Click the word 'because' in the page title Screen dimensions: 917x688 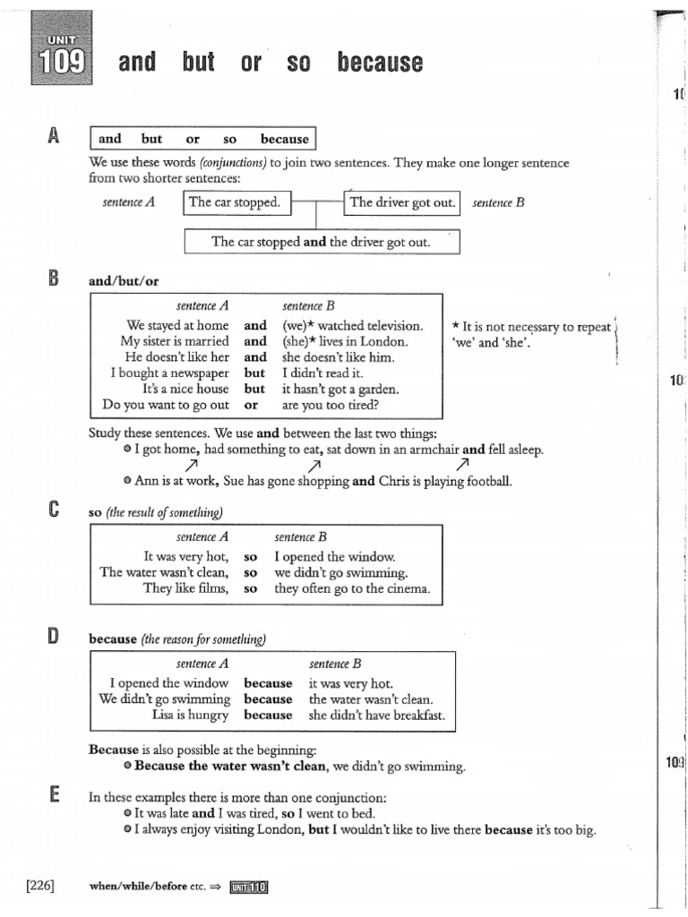click(380, 62)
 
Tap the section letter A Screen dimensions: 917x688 click(54, 136)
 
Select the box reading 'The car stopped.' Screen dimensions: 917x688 click(235, 202)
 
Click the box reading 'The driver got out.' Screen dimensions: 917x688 click(402, 202)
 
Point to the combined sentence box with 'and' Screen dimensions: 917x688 click(321, 242)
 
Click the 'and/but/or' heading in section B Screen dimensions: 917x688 click(124, 280)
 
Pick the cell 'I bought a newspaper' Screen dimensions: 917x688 click(169, 373)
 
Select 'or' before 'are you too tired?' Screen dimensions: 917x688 click(251, 405)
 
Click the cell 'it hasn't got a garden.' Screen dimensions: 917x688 click(340, 389)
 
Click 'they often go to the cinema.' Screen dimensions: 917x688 click(352, 588)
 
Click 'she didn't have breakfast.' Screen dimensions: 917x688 click(376, 715)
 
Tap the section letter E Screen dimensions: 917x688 click(54, 794)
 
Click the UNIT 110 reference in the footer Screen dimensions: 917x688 click(248, 887)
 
